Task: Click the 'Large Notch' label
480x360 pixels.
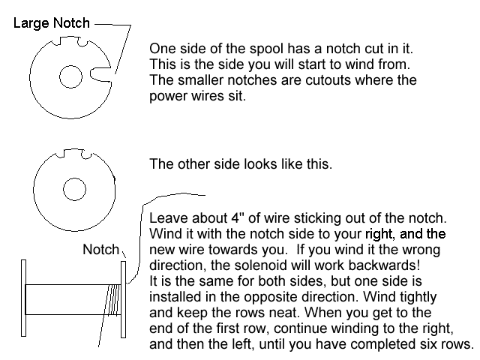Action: tap(52, 23)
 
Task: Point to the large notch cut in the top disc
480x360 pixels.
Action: tap(100, 74)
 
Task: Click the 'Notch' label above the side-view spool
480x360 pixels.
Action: tap(100, 250)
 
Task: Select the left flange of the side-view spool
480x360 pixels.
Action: tap(23, 298)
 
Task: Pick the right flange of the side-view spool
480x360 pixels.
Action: tap(123, 299)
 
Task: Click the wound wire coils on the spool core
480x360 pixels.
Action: tap(112, 300)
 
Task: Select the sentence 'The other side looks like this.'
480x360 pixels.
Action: tap(241, 164)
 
